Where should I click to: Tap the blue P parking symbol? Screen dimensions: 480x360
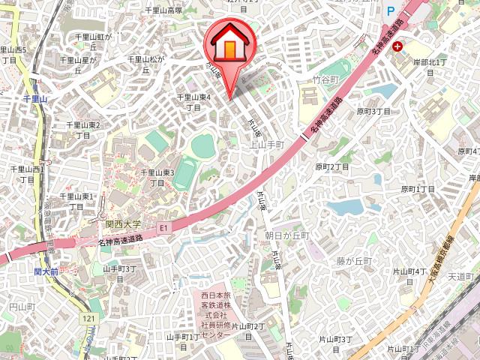pos(390,11)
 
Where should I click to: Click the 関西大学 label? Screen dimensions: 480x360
pos(123,223)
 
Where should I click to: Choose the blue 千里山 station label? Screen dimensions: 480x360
pos(35,98)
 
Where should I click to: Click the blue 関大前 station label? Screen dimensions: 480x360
pos(46,271)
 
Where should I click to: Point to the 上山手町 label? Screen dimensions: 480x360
pos(267,144)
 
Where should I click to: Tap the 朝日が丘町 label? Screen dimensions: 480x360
pos(286,235)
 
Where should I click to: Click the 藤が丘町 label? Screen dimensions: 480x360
pos(354,260)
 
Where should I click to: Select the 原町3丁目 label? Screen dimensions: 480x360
pos(373,112)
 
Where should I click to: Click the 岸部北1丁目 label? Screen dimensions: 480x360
pos(430,67)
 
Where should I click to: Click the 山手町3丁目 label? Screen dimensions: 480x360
pos(119,273)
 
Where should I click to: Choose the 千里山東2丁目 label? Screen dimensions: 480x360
pos(83,130)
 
